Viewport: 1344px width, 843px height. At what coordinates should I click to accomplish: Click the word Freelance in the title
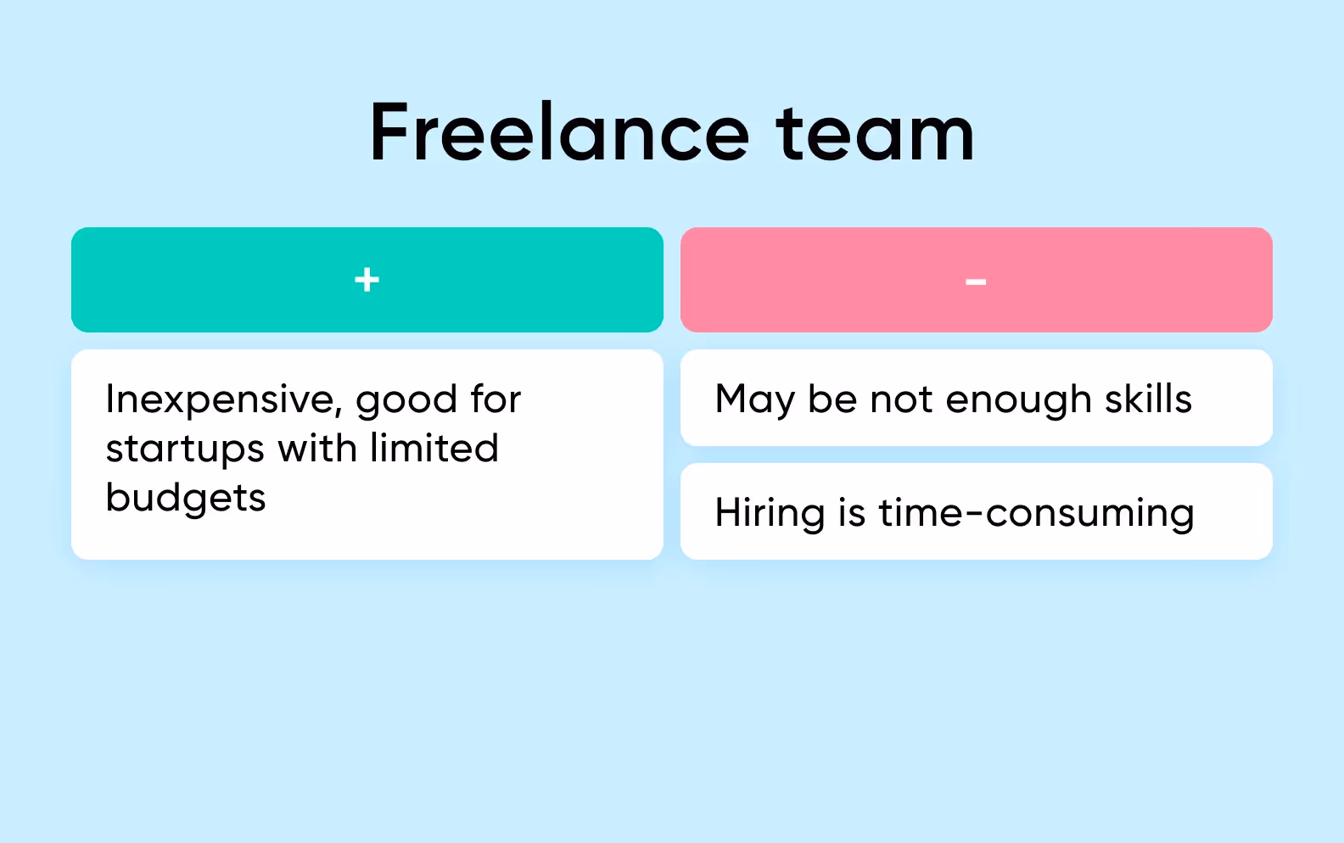pyautogui.click(x=560, y=133)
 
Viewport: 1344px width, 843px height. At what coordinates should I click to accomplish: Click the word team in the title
pyautogui.click(x=875, y=133)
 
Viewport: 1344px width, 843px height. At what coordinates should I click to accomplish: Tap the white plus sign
pyautogui.click(x=367, y=279)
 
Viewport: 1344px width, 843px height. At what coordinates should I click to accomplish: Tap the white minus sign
pyautogui.click(x=976, y=282)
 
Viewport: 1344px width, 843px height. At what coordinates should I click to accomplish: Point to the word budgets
pyautogui.click(x=186, y=499)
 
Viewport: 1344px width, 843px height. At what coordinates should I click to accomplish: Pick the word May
pyautogui.click(x=754, y=400)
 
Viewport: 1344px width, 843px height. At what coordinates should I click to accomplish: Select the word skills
pyautogui.click(x=1148, y=399)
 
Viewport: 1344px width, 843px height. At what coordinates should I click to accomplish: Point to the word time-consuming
pyautogui.click(x=1036, y=514)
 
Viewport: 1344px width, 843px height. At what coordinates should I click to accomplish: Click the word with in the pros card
pyautogui.click(x=317, y=448)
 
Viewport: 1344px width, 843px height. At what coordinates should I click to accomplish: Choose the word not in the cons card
pyautogui.click(x=901, y=399)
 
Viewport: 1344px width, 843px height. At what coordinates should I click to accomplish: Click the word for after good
pyautogui.click(x=496, y=399)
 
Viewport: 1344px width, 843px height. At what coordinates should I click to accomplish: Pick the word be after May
pyautogui.click(x=832, y=399)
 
